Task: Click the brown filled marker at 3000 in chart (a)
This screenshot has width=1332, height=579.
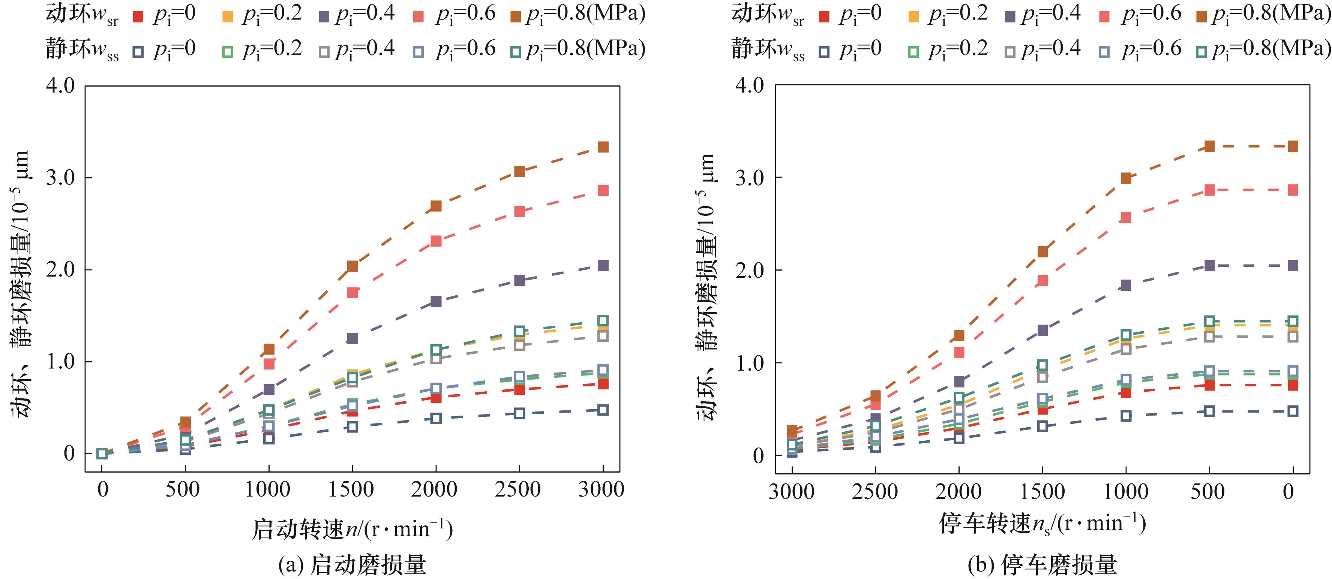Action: coord(603,147)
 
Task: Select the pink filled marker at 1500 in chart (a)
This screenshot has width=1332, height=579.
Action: coord(352,293)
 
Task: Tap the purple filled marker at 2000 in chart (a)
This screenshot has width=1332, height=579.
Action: coord(436,301)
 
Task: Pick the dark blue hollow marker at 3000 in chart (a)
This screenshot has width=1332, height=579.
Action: coord(603,410)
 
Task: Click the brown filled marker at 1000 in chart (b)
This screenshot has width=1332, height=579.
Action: coord(1126,178)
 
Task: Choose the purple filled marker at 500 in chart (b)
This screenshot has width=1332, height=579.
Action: coord(1209,266)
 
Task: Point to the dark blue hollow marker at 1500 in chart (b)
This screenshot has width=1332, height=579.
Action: coord(1042,426)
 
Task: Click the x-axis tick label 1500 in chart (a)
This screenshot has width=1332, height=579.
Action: coord(352,489)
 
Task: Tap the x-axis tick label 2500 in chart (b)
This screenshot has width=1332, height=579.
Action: coord(875,492)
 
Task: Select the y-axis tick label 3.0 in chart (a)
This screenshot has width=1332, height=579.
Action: coord(60,177)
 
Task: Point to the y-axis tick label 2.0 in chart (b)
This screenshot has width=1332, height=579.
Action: coord(749,270)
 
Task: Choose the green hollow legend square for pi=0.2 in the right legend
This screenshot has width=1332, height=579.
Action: coord(913,52)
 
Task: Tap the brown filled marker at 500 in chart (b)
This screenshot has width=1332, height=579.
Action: coord(1209,146)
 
